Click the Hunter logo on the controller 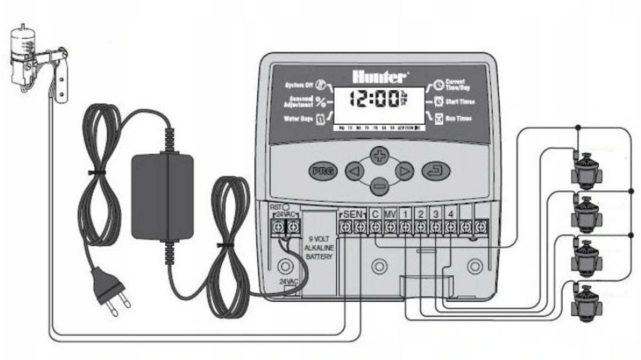pos(379,77)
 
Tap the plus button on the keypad pos(379,155)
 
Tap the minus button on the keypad pos(379,186)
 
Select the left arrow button pos(354,171)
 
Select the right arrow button pos(404,171)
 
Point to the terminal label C pos(375,214)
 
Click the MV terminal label pos(390,214)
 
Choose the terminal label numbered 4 pos(450,214)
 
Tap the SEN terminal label pos(353,214)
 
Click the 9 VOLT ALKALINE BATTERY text pos(319,248)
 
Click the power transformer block pos(162,197)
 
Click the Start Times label pos(460,102)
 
